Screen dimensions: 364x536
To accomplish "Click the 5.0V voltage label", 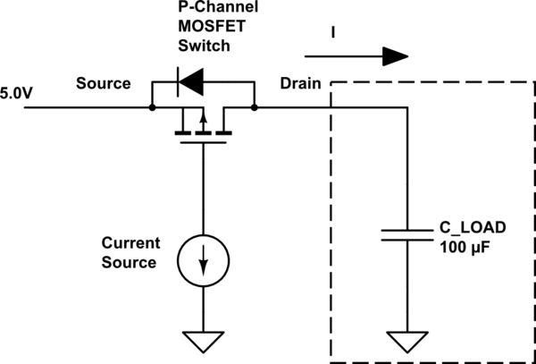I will coord(18,90).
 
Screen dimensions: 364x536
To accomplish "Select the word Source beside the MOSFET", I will coord(103,83).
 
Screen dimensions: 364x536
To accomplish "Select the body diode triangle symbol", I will coord(188,83).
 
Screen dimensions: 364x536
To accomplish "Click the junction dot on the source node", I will coord(152,107).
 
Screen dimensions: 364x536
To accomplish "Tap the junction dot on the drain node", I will coord(255,107).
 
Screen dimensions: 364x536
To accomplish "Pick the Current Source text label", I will coord(130,253).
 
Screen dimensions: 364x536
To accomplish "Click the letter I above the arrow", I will coord(334,34).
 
